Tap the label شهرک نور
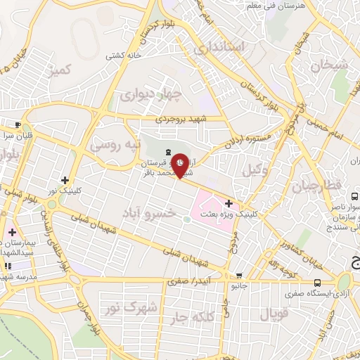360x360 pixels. [x=122, y=307]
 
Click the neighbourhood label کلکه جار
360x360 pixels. [x=188, y=318]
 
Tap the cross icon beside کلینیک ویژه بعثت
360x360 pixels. [x=228, y=203]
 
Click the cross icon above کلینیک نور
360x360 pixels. [x=65, y=180]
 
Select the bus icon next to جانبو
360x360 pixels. [x=240, y=276]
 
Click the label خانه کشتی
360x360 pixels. [x=124, y=54]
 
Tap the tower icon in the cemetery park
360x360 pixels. [x=167, y=153]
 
